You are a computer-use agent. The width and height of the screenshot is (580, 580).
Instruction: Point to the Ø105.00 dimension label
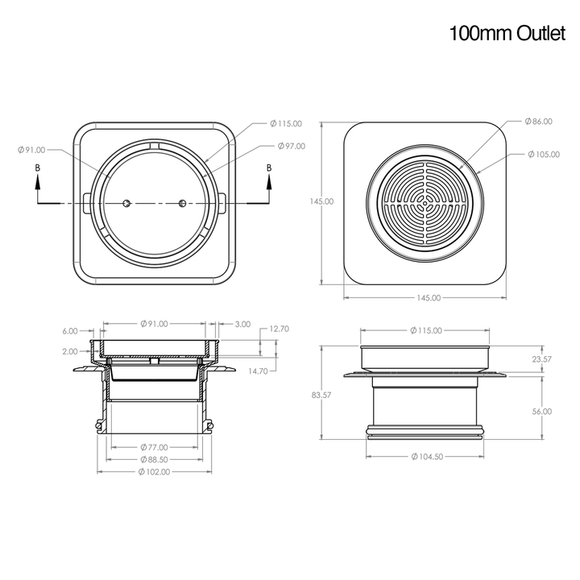pos(544,154)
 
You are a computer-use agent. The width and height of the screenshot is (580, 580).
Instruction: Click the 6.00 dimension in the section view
pos(70,331)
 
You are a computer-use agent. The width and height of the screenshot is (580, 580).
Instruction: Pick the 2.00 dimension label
pos(70,351)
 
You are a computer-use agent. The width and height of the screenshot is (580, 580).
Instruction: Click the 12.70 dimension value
pos(280,329)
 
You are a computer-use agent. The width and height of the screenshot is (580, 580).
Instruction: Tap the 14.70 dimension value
pos(258,371)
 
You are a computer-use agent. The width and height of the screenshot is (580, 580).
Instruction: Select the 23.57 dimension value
pos(541,359)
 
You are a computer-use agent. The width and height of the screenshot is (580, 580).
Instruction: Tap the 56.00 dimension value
pos(541,411)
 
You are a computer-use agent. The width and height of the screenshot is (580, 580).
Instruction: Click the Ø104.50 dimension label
pos(427,457)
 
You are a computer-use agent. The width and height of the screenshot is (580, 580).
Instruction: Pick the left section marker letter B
pos(37,168)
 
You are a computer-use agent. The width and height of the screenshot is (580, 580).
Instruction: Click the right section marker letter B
pos(269,168)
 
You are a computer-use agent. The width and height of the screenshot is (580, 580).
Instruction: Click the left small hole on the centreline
pos(126,203)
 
